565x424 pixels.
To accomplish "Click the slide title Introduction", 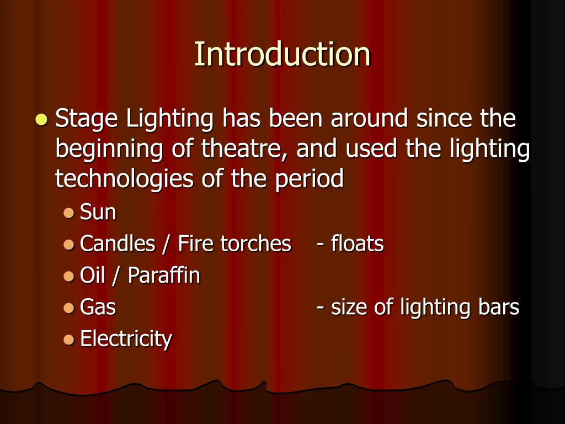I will (x=282, y=54).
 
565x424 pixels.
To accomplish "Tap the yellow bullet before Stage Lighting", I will (x=41, y=119).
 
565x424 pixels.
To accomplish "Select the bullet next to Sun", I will (x=68, y=213).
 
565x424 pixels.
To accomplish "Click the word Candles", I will (x=118, y=244).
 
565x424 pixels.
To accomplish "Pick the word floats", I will (x=357, y=244).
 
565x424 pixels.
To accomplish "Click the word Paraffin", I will (x=164, y=275).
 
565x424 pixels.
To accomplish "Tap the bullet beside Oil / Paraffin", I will (x=68, y=275).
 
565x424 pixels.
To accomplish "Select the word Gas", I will (x=98, y=307).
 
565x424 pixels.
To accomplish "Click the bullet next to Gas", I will (x=68, y=307).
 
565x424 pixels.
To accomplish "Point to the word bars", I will (x=499, y=307).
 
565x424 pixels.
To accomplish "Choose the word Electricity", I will (x=126, y=338).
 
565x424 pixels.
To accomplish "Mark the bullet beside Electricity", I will (x=68, y=338).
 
